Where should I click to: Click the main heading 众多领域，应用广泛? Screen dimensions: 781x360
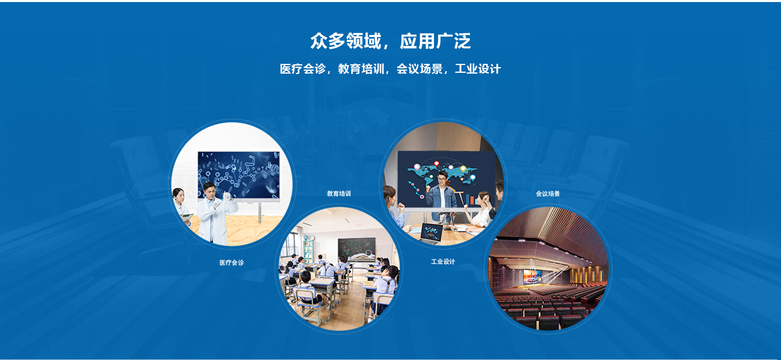[390, 41]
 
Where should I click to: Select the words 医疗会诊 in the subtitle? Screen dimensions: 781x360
[303, 69]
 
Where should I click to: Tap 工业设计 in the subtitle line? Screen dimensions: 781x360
[478, 69]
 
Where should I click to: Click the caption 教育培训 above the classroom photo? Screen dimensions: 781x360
[339, 194]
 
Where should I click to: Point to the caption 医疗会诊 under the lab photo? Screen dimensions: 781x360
[232, 263]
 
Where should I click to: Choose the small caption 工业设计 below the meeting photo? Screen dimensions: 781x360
[443, 262]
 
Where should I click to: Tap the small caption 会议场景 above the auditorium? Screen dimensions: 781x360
[548, 194]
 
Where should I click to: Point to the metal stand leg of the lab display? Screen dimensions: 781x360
[260, 212]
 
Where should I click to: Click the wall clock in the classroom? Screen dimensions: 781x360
[312, 238]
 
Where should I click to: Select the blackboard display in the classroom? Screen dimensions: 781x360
[357, 249]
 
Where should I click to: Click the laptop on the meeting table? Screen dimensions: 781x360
[431, 233]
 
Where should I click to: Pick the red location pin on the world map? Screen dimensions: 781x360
[436, 164]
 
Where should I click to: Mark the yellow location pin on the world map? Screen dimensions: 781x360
[463, 168]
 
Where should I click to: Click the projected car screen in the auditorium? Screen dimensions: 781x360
[532, 277]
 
